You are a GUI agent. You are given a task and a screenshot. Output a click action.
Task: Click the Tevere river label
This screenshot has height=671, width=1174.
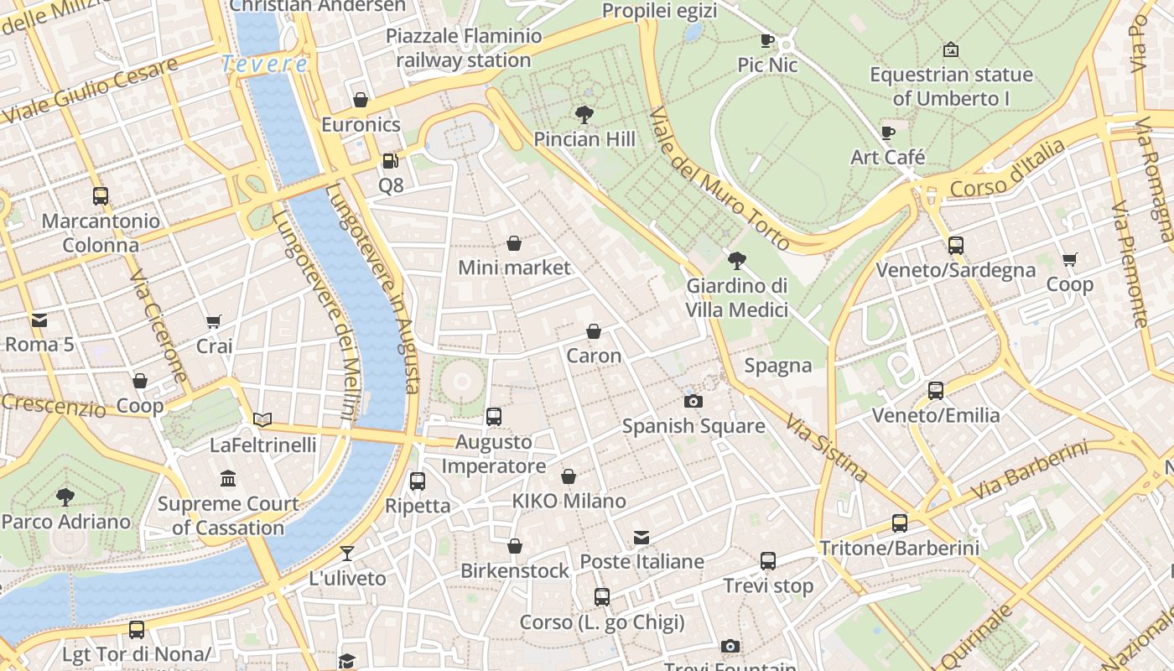coord(265,64)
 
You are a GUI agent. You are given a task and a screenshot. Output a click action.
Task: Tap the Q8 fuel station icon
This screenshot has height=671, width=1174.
coord(390,160)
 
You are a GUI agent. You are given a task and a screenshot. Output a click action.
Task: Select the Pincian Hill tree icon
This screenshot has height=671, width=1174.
coord(584,114)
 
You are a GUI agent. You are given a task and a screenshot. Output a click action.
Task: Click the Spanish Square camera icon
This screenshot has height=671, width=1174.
coord(693,401)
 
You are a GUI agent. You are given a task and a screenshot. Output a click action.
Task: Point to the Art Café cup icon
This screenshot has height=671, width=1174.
coord(888,133)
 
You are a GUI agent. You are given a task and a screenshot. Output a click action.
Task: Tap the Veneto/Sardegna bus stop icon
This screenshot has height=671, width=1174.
coord(955,246)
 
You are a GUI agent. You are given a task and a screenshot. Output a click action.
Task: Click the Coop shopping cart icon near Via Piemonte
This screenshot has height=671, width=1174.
coord(1069,260)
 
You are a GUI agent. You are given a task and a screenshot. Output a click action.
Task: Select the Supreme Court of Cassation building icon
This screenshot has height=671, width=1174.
coord(228,479)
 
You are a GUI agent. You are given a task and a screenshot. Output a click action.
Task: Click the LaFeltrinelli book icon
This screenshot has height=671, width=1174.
coord(262,419)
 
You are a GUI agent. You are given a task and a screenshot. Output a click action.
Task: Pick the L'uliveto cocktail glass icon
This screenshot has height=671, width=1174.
coord(346,553)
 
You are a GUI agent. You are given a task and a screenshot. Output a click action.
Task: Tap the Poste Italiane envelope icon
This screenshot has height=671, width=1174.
coord(642,537)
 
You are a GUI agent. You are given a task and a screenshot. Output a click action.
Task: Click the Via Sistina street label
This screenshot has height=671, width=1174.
coord(826,447)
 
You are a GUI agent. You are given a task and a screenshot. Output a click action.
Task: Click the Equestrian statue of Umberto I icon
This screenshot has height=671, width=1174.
coord(951,49)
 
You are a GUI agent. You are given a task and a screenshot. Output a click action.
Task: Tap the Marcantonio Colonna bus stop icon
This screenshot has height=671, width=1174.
coord(101,196)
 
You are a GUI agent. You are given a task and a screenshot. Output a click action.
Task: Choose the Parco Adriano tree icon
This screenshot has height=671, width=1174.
coord(65,497)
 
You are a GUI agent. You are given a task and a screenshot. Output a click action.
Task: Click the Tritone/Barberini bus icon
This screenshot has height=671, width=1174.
coord(900,523)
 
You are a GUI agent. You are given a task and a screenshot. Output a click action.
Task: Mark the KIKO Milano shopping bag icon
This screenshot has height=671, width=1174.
coord(569,476)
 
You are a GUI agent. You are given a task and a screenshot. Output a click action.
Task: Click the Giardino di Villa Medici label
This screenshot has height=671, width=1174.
coord(737,298)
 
